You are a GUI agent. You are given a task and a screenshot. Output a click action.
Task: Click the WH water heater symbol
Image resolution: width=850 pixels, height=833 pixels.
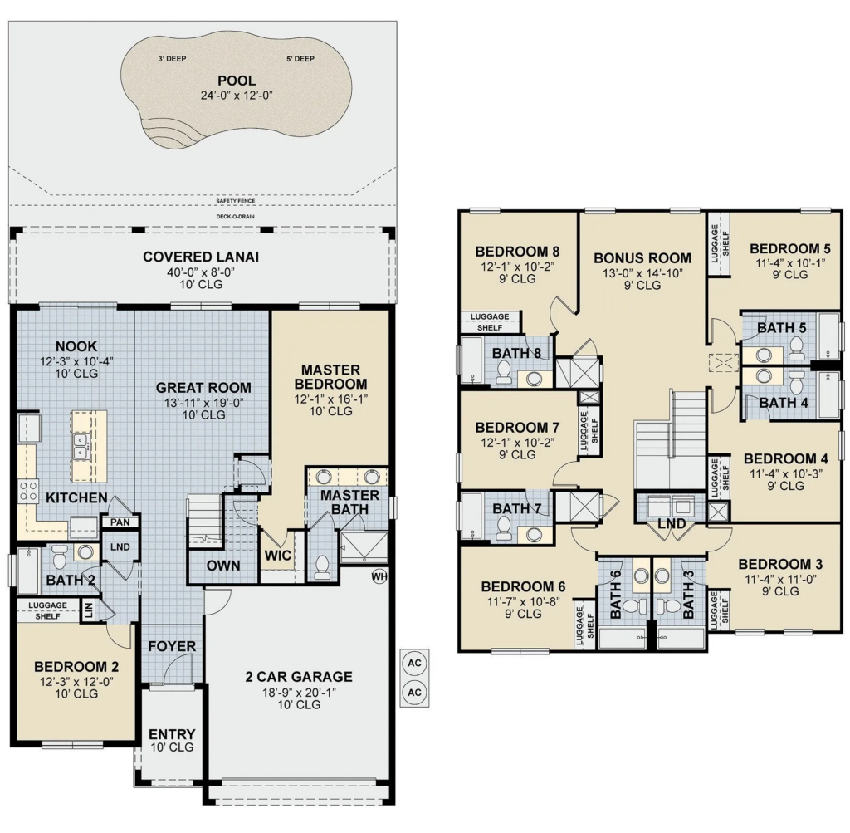(x=379, y=576)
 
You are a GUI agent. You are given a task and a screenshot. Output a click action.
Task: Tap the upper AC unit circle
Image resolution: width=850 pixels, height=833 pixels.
(x=415, y=664)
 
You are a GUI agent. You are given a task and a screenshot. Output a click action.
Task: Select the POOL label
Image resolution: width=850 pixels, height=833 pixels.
(x=237, y=81)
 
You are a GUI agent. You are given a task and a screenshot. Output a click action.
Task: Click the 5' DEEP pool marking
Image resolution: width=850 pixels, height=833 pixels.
(x=300, y=59)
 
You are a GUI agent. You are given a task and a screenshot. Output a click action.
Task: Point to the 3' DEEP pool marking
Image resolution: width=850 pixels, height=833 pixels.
(x=173, y=59)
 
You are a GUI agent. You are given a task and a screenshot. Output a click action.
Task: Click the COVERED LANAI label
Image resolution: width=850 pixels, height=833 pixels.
(x=201, y=257)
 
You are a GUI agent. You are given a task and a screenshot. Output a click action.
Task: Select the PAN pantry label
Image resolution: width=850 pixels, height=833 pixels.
(x=120, y=522)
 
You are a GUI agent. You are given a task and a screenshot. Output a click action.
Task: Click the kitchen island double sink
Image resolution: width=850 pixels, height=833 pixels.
(x=81, y=446)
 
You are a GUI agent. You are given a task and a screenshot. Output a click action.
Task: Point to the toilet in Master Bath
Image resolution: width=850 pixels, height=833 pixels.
(x=323, y=566)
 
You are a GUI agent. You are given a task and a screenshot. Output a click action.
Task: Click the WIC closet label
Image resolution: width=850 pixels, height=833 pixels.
(x=277, y=556)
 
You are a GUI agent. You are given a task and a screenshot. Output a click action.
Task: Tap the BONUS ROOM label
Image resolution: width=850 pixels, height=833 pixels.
(x=642, y=258)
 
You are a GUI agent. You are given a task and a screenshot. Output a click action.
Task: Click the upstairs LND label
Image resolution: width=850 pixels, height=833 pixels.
(x=672, y=524)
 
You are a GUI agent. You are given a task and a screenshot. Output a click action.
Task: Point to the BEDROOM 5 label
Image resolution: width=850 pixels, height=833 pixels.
(x=790, y=249)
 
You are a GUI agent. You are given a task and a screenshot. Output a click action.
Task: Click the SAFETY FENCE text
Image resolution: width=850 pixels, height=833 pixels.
(x=235, y=201)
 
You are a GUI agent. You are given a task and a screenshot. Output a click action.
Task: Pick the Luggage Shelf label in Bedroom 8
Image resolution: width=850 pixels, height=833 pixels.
(x=490, y=322)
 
